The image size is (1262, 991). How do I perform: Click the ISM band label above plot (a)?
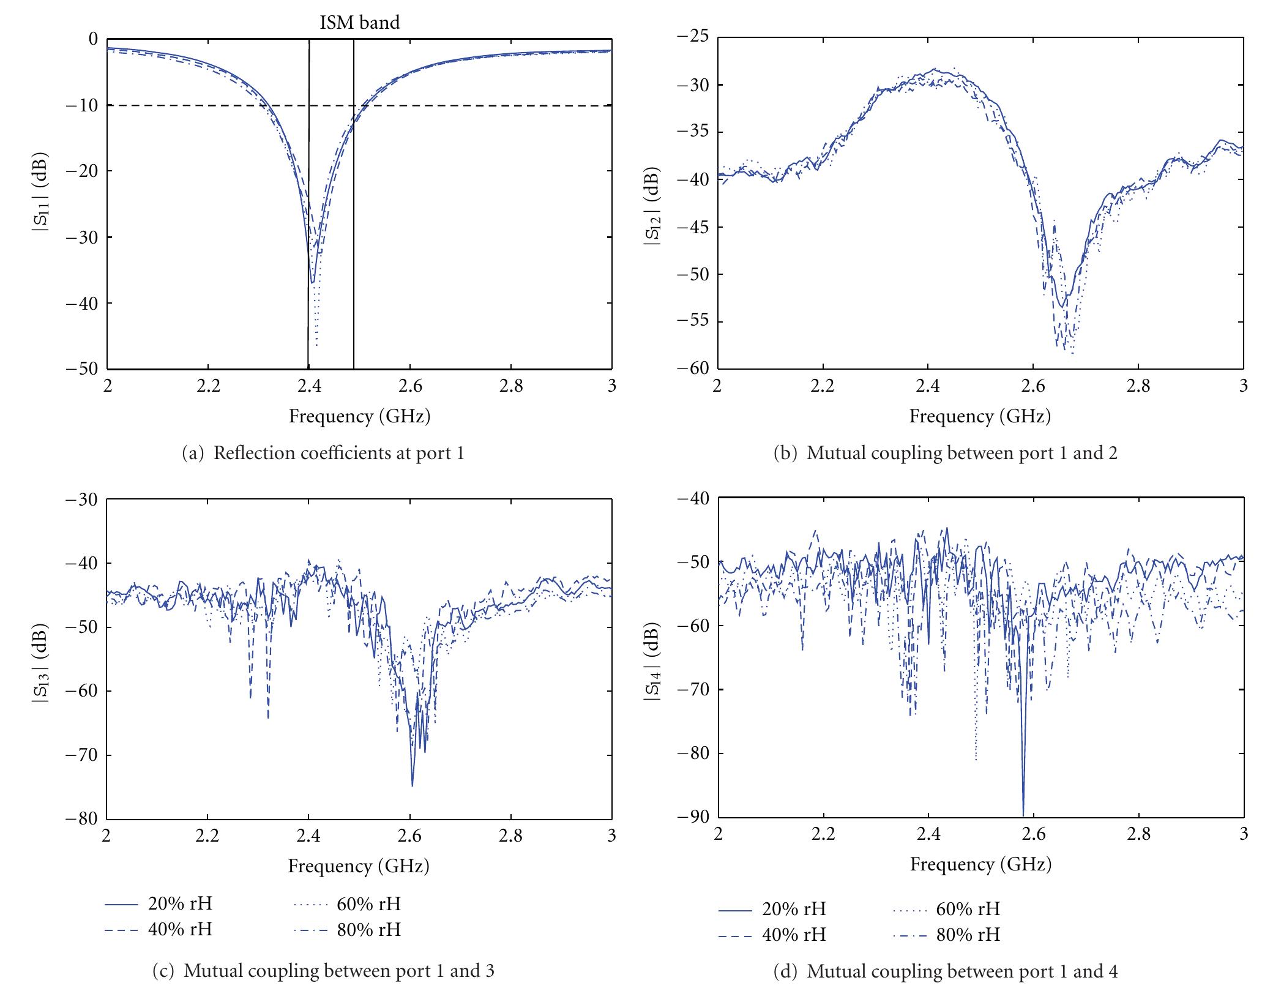pyautogui.click(x=359, y=23)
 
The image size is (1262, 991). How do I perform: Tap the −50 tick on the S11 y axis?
pyautogui.click(x=85, y=369)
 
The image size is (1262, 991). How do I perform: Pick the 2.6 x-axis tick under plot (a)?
pyautogui.click(x=409, y=387)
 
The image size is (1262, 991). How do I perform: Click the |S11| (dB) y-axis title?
pyautogui.click(x=41, y=204)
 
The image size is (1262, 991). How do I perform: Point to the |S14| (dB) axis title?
pyautogui.click(x=651, y=658)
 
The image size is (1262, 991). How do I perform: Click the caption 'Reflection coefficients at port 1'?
pyautogui.click(x=324, y=453)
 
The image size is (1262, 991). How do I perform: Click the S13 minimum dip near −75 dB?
pyautogui.click(x=413, y=785)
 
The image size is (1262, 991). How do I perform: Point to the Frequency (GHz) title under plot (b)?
pyautogui.click(x=980, y=416)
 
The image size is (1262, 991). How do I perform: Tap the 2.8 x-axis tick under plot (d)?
pyautogui.click(x=1138, y=834)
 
